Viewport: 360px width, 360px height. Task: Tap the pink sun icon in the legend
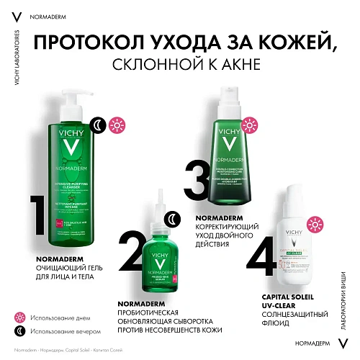[20, 317]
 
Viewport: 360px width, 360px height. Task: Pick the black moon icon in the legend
[20, 331]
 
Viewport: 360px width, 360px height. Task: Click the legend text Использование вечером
[68, 331]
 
